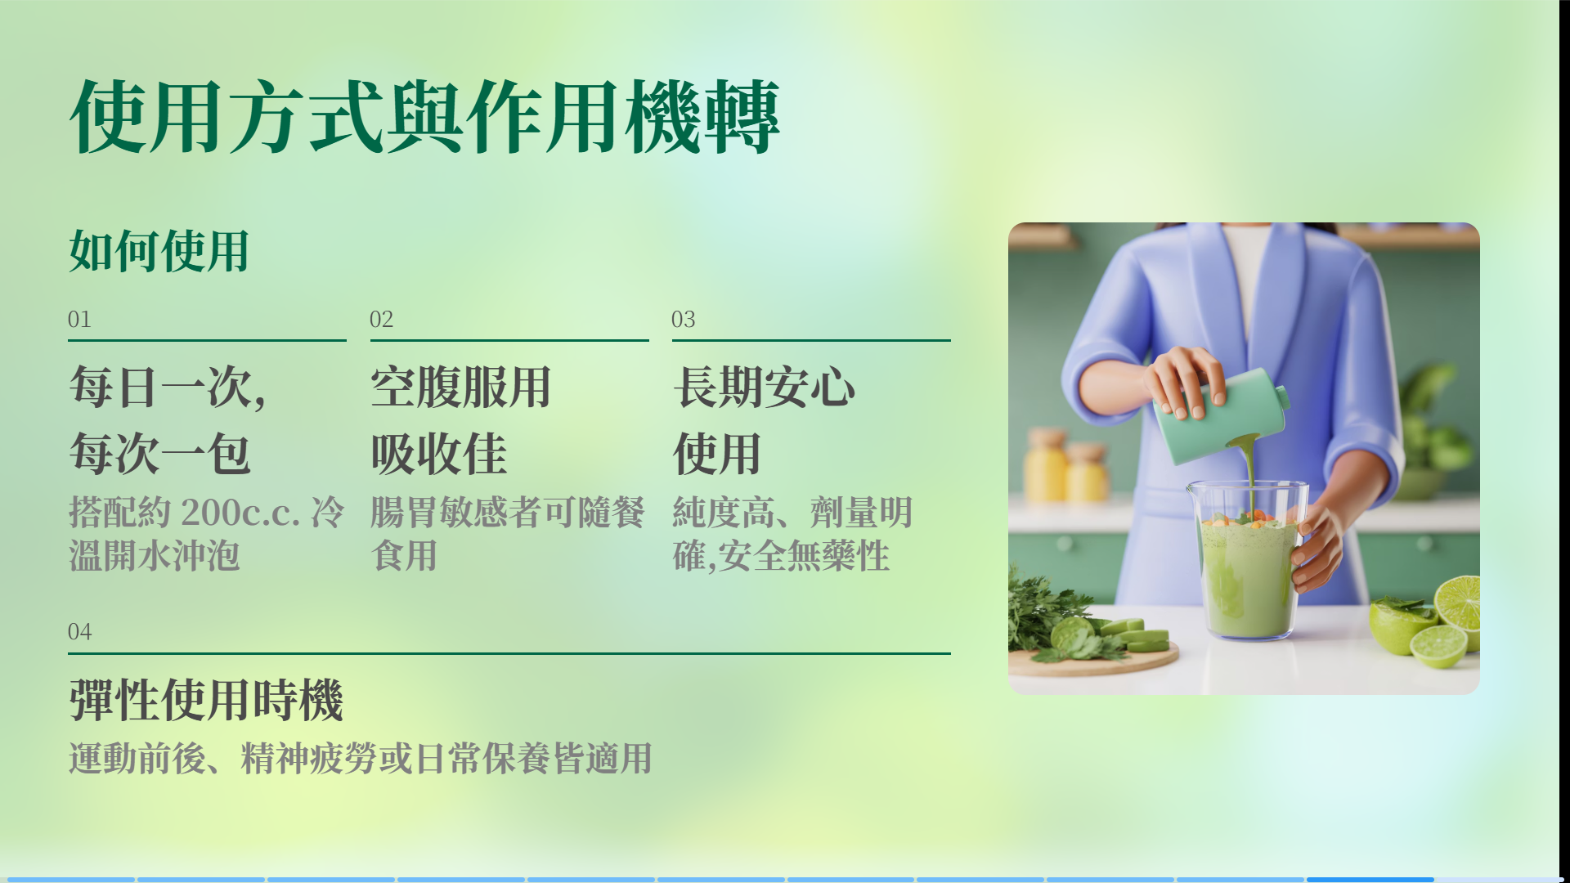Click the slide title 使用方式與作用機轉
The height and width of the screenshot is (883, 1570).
(424, 117)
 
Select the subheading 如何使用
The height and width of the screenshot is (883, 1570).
(159, 251)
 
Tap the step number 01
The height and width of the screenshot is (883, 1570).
(79, 319)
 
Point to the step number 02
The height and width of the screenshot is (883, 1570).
(381, 319)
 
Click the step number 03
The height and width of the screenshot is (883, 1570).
(684, 319)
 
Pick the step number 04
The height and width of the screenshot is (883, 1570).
(79, 631)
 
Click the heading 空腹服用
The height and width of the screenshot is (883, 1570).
(460, 387)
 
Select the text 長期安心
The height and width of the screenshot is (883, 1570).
(764, 387)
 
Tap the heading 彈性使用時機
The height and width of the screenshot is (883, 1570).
(206, 700)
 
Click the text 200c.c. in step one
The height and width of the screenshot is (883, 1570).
(241, 513)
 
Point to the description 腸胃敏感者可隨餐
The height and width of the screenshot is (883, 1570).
(508, 513)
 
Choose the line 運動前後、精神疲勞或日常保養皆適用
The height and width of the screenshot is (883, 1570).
(361, 758)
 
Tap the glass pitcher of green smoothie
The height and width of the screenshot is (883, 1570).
(1247, 561)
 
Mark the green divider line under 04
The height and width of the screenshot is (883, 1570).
(509, 653)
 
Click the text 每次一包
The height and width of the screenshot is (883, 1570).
(159, 454)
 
